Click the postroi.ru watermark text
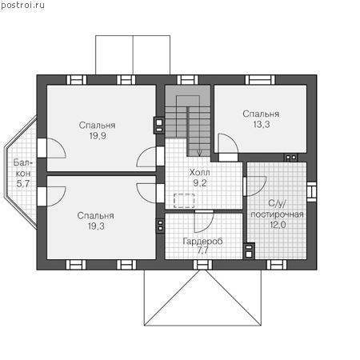tap(22, 6)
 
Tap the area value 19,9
tap(98, 136)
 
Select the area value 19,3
tap(96, 226)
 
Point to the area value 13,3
tap(262, 124)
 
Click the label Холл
tap(199, 173)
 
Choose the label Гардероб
tap(202, 242)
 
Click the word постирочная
tap(277, 214)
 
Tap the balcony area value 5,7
tap(23, 183)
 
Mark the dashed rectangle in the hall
tap(184, 201)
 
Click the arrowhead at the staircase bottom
tap(199, 153)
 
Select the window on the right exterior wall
tap(311, 191)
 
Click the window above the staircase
tap(187, 80)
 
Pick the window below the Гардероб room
tap(202, 265)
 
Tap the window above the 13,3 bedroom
tap(260, 80)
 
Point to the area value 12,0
tap(278, 225)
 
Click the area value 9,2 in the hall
tap(200, 183)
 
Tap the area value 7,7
tap(202, 250)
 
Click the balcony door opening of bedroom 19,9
tap(42, 148)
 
